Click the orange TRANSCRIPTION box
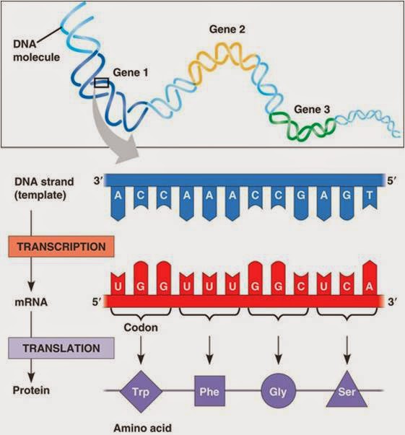(x=61, y=246)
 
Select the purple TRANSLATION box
(x=61, y=348)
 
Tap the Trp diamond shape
(x=141, y=392)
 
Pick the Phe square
(x=209, y=391)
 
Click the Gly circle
(x=278, y=391)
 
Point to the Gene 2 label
(x=227, y=30)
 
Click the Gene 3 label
(x=312, y=110)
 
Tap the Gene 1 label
(x=131, y=73)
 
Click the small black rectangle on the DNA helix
(x=101, y=83)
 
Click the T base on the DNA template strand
(x=370, y=198)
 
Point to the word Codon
(x=141, y=328)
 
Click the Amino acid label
(x=142, y=428)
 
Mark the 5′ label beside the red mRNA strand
(x=96, y=302)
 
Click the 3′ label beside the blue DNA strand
(x=98, y=181)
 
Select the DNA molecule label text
(x=36, y=50)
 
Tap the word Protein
(x=31, y=390)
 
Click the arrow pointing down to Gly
(x=278, y=350)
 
